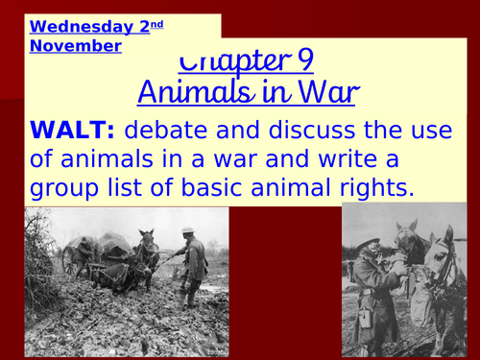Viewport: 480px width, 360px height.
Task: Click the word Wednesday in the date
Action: tap(73, 27)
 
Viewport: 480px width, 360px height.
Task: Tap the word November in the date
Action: tap(76, 45)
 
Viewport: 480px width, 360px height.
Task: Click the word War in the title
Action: tap(332, 93)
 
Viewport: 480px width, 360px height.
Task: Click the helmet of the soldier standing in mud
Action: tap(188, 230)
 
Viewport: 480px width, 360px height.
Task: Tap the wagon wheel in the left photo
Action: tap(72, 259)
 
